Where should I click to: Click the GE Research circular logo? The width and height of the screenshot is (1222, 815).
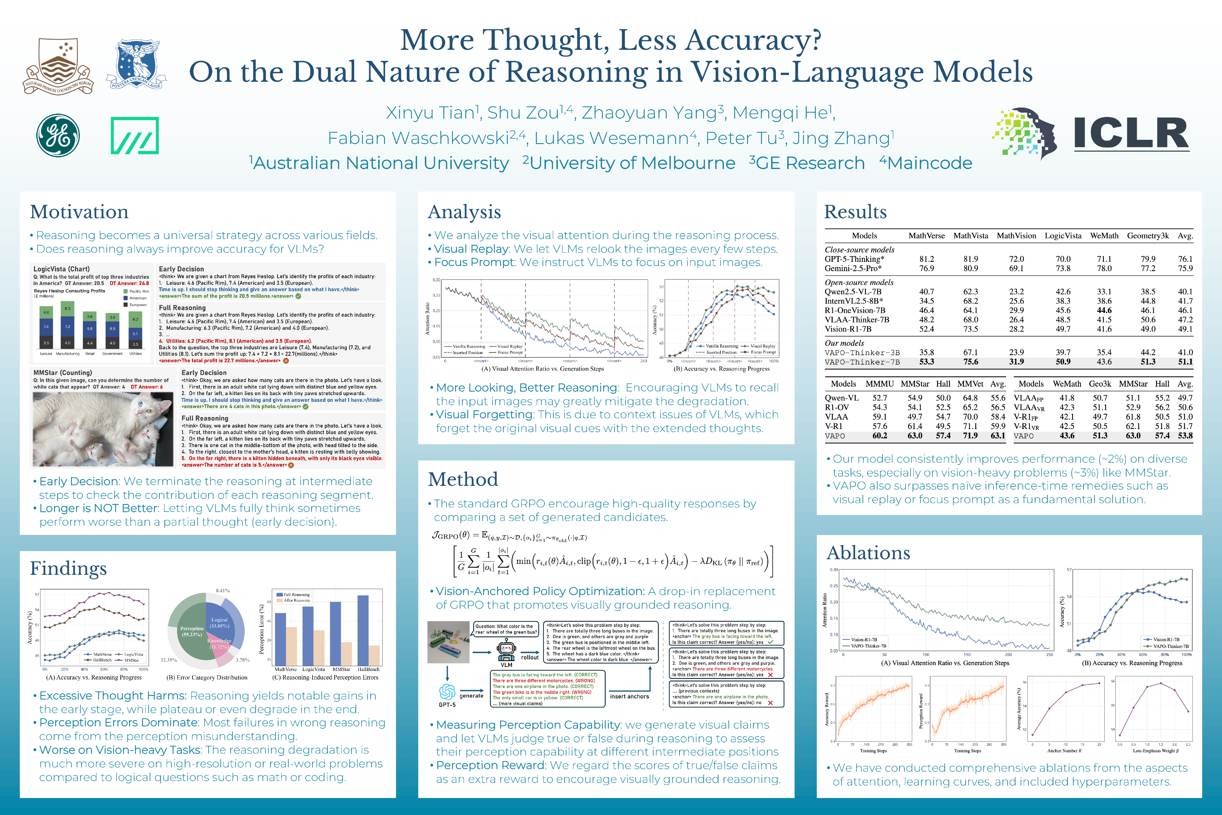tap(58, 136)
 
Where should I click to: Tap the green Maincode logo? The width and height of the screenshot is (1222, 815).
tap(135, 136)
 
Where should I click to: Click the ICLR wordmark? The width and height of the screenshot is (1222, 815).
tap(1131, 134)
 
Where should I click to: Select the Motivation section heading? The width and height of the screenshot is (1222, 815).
tap(79, 212)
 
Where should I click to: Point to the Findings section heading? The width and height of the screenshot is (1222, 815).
tap(68, 568)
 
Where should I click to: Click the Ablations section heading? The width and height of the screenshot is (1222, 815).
tap(868, 552)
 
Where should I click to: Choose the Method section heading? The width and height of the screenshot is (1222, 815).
tap(463, 479)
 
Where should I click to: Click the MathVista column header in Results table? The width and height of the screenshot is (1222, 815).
tap(971, 235)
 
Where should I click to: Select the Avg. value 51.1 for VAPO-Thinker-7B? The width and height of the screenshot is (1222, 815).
tap(1185, 362)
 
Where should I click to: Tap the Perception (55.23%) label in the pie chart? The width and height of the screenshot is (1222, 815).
tap(192, 632)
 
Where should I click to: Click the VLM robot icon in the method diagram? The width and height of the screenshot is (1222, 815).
tap(506, 650)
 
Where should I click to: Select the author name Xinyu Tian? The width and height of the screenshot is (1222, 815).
tap(431, 113)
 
